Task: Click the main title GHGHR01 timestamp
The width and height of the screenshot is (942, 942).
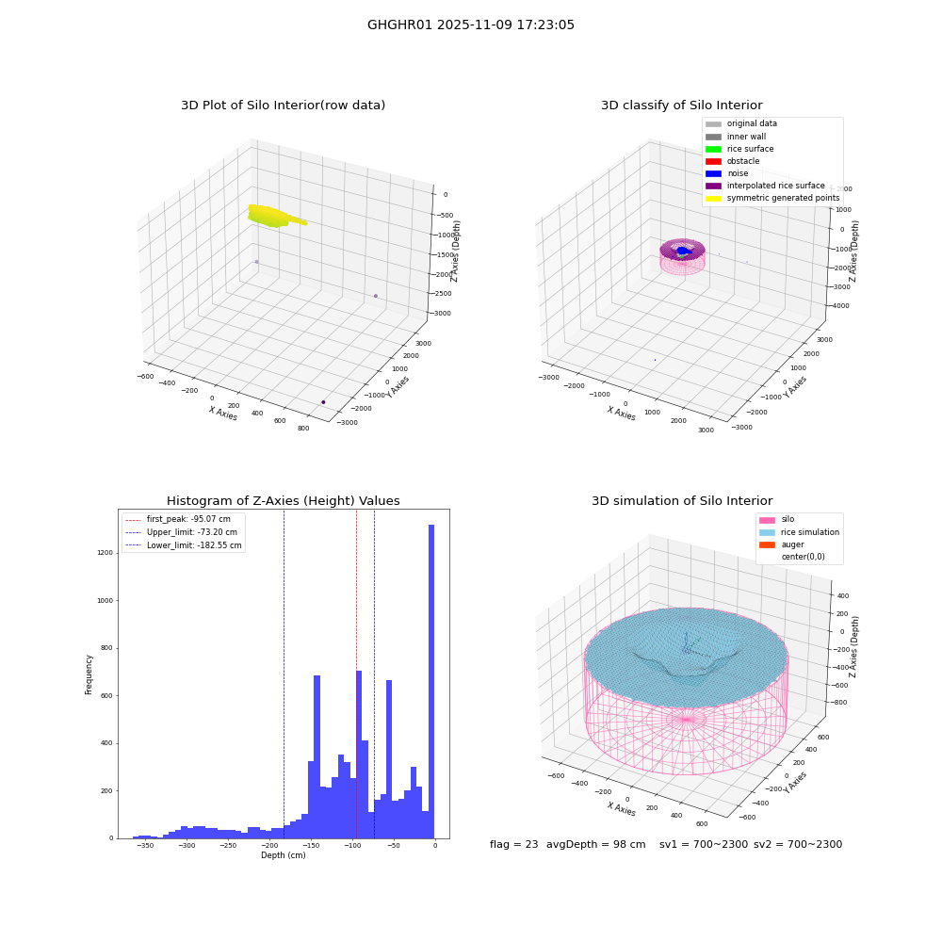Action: coord(470,24)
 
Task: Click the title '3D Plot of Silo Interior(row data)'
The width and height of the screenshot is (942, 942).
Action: coord(283,106)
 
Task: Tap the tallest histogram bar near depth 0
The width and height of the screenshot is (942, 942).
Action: coord(430,681)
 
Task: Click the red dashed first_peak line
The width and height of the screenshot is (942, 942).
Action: coord(356,674)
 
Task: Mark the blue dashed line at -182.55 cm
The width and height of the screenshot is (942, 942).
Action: coord(284,674)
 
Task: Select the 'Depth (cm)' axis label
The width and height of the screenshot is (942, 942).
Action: coord(283,855)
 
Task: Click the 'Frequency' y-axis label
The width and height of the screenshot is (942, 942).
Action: coord(89,674)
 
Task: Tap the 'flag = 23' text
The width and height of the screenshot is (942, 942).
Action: coord(513,844)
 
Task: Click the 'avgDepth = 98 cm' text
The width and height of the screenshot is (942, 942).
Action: coord(595,844)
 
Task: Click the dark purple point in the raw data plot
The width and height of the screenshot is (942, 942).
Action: coord(323,402)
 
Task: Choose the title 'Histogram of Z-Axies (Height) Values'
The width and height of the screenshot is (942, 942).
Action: coord(283,501)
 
